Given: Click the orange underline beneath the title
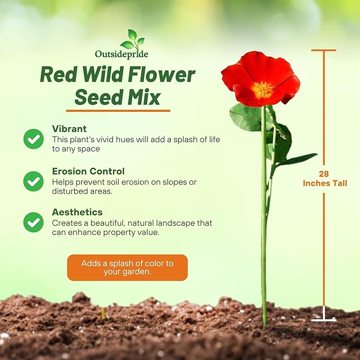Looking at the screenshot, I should pyautogui.click(x=118, y=111).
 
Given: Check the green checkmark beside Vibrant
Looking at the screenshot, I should pyautogui.click(x=33, y=139).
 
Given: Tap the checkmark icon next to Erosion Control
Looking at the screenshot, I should pyautogui.click(x=33, y=181).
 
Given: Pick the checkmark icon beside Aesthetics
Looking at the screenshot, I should pyautogui.click(x=33, y=222).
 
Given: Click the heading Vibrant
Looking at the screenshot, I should pyautogui.click(x=69, y=129).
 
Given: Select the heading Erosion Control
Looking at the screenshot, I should pyautogui.click(x=88, y=171).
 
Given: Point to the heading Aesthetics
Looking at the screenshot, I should pyautogui.click(x=77, y=212).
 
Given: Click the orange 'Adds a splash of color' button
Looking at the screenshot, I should pyautogui.click(x=127, y=267).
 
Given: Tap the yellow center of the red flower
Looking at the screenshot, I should pyautogui.click(x=262, y=89).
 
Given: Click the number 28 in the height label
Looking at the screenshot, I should pyautogui.click(x=324, y=174).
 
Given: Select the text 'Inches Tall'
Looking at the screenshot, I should pyautogui.click(x=325, y=183).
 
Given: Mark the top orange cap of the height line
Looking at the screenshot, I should pyautogui.click(x=323, y=50).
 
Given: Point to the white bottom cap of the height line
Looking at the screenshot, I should pyautogui.click(x=323, y=320).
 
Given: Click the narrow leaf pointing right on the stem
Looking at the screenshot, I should pyautogui.click(x=297, y=159).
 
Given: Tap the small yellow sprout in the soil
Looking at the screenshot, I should pyautogui.click(x=103, y=312).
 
